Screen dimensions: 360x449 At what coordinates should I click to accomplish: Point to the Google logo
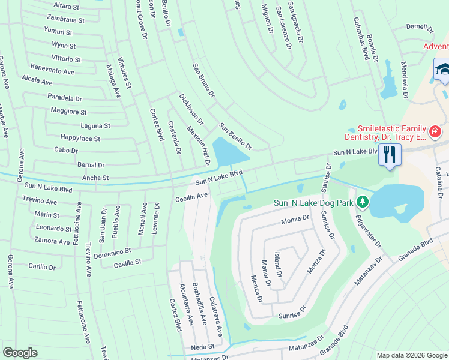tap(20, 353)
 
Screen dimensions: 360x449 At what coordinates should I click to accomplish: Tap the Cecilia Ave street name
tap(191, 196)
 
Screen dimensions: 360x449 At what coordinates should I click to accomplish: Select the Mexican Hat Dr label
tap(199, 146)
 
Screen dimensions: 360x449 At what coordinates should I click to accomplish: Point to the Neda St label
tap(203, 347)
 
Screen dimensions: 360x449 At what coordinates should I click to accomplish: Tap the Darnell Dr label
tap(420, 27)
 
